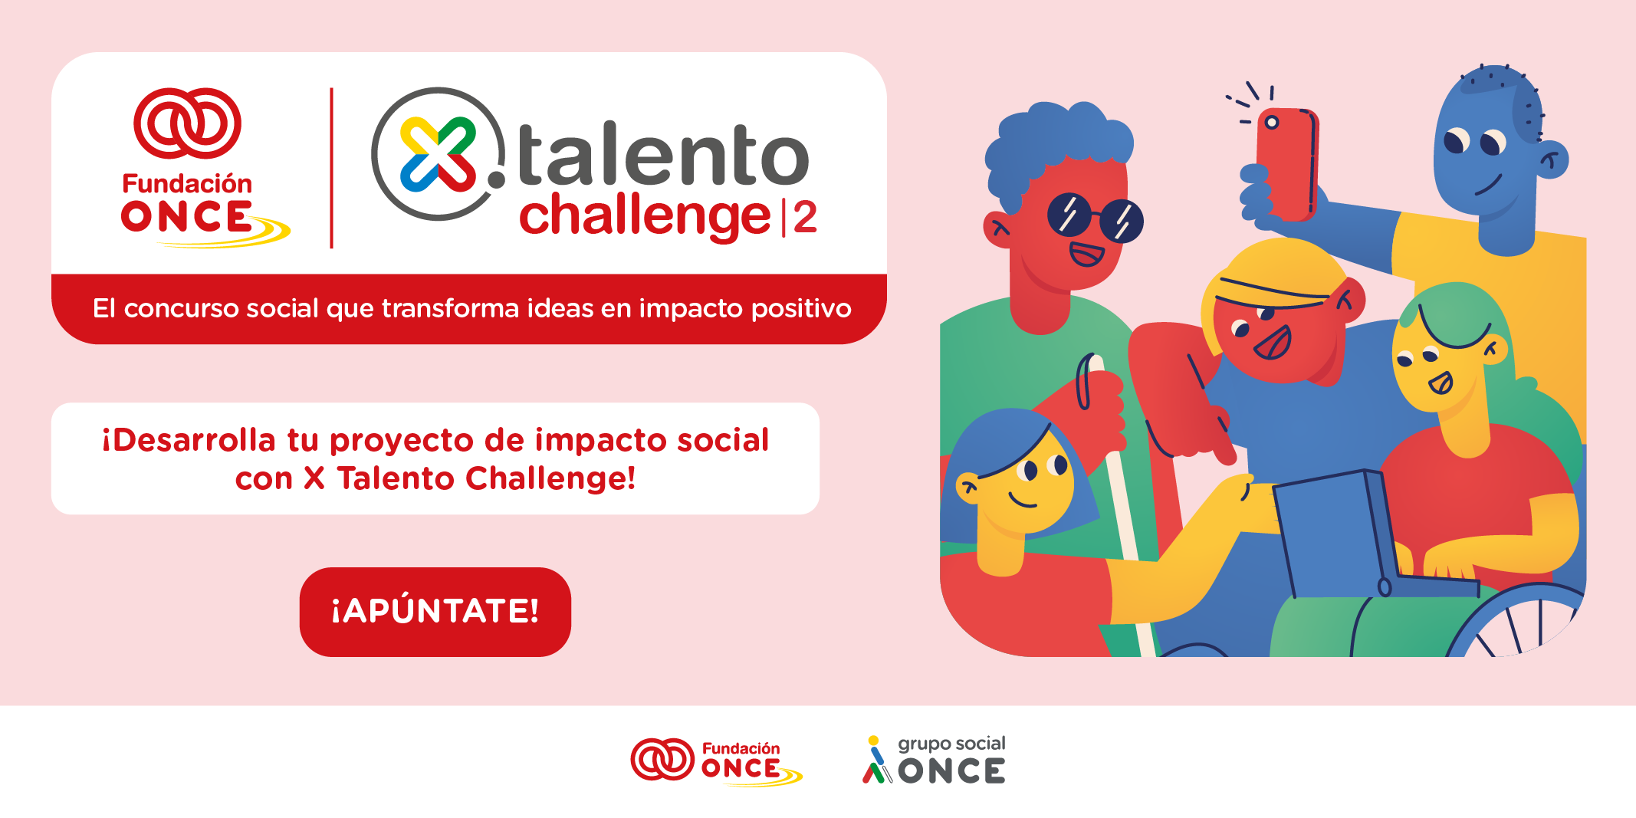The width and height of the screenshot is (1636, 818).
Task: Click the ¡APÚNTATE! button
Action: click(x=435, y=611)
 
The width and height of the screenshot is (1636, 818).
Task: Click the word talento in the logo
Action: click(x=663, y=156)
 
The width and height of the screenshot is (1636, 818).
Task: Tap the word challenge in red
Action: click(x=645, y=217)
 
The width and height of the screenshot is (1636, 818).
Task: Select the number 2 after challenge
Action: click(x=805, y=218)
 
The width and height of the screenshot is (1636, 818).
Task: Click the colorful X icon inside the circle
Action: click(x=438, y=154)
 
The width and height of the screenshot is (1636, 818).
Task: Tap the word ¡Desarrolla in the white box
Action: click(x=189, y=441)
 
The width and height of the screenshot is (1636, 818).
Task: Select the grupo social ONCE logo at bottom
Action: click(x=933, y=761)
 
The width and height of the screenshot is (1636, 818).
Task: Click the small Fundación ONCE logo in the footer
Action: click(x=715, y=761)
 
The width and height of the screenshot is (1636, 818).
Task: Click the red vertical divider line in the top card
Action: click(x=331, y=168)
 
